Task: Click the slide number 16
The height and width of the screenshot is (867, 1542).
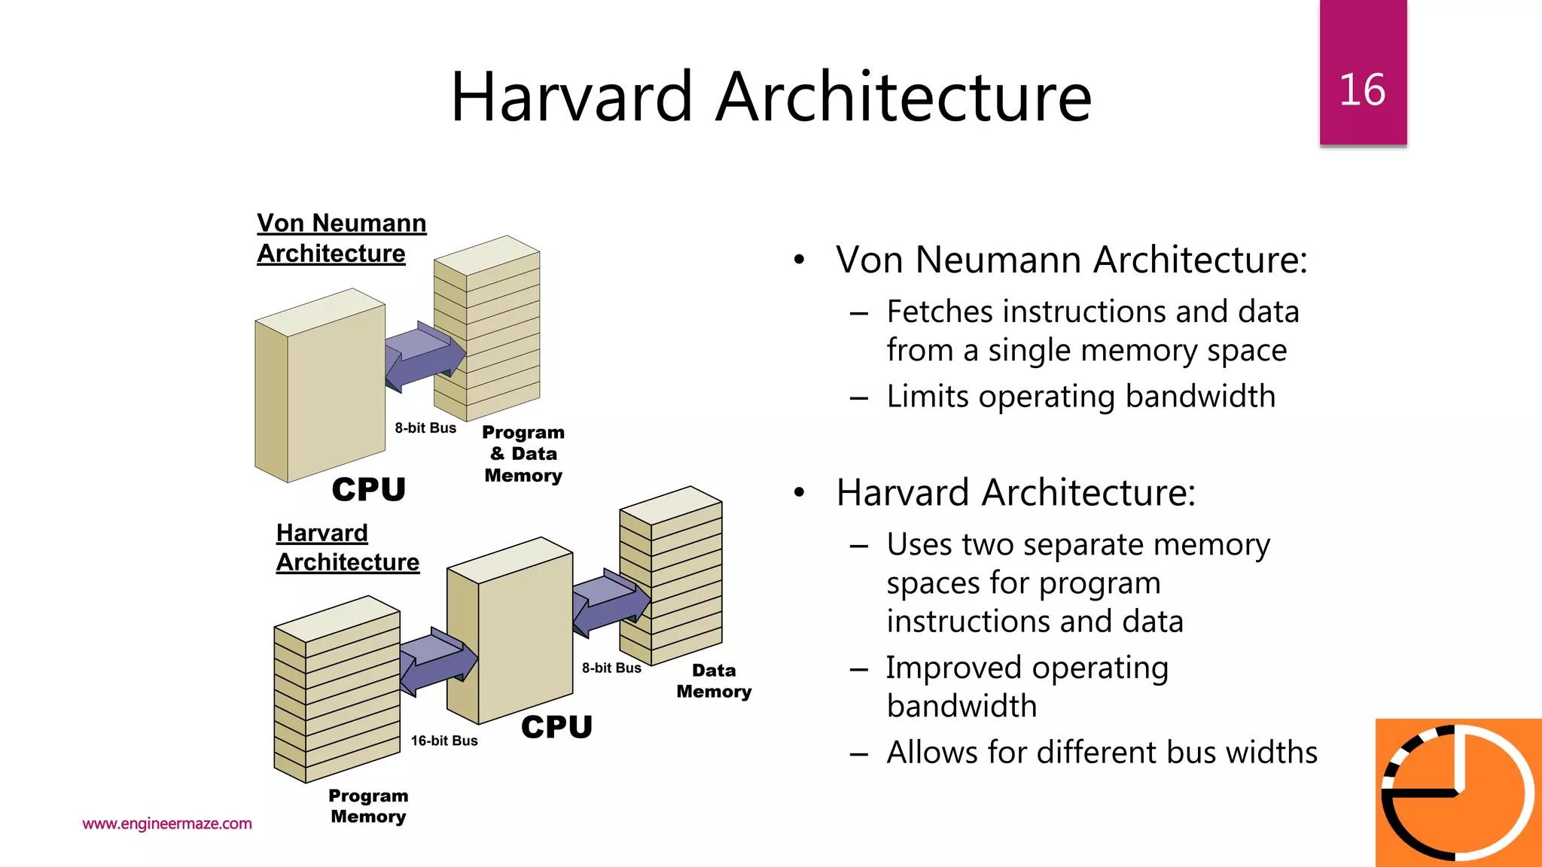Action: pos(1362,90)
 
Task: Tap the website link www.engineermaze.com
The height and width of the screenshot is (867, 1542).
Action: pos(167,823)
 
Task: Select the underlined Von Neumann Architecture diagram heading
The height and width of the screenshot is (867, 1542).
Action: pos(341,238)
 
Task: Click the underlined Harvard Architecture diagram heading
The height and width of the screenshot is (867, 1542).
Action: pos(347,547)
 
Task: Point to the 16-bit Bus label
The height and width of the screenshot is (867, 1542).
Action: pos(444,741)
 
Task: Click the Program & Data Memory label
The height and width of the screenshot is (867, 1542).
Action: pos(523,454)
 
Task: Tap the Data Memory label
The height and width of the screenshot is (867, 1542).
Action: pos(714,680)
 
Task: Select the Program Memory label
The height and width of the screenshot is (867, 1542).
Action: pos(368,806)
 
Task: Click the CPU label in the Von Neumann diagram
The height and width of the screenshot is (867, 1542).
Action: pos(368,489)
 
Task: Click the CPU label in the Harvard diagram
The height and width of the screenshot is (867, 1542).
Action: pos(556,727)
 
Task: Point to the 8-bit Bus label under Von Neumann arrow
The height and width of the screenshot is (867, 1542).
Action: pos(425,428)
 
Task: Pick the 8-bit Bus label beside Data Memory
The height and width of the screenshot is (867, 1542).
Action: pos(611,668)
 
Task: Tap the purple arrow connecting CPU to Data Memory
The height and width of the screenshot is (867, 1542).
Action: pos(611,602)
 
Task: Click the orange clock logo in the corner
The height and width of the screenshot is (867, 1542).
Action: pos(1458,792)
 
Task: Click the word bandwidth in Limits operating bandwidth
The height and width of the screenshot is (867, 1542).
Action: pos(1200,397)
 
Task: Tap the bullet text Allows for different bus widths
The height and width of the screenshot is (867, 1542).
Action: pos(1102,752)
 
